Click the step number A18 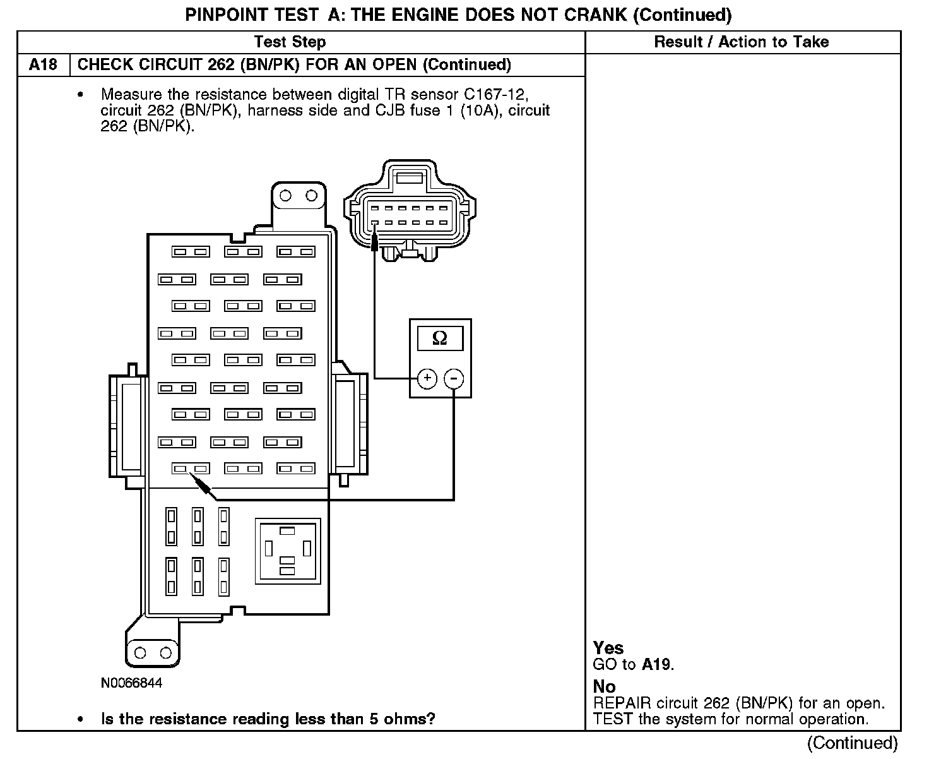click(x=43, y=64)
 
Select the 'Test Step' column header click(x=290, y=42)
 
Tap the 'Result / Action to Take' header click(x=741, y=42)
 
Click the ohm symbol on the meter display click(x=440, y=338)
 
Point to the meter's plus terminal click(x=427, y=378)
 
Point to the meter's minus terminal click(x=454, y=378)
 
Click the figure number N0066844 click(x=131, y=683)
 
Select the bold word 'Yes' click(x=608, y=648)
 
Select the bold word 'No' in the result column click(x=604, y=686)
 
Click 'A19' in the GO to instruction click(x=657, y=664)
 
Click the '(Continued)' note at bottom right click(x=852, y=743)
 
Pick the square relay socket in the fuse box click(x=287, y=550)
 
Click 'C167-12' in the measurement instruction click(x=495, y=95)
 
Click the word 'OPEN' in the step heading click(x=395, y=64)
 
